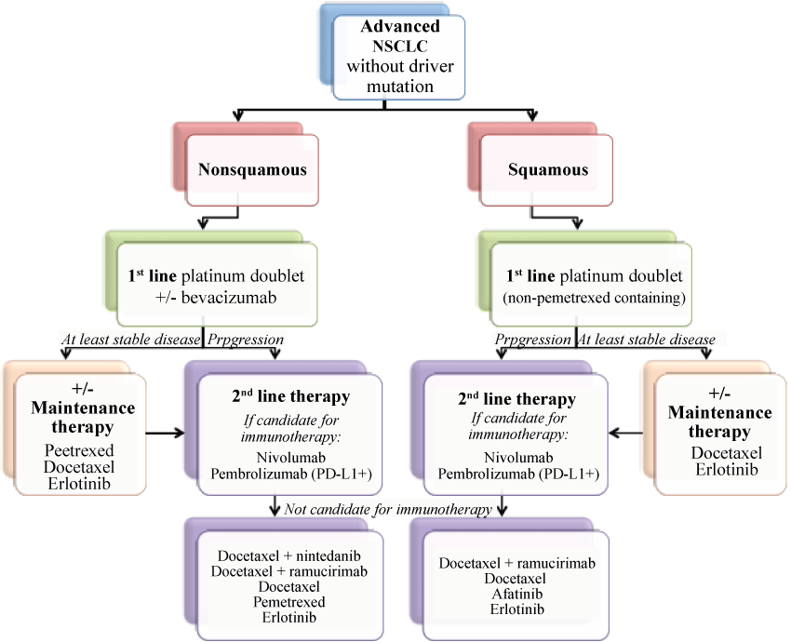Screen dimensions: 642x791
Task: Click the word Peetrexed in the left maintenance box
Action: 80,448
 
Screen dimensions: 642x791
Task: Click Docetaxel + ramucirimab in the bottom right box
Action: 516,563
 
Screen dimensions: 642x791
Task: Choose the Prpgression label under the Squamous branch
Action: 533,340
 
